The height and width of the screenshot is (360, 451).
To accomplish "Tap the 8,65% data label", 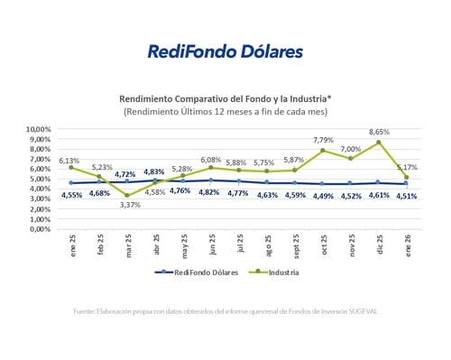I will point(379,132).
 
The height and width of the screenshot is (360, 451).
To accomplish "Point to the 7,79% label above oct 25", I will point(322,140).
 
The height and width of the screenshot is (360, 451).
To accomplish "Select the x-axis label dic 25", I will point(379,246).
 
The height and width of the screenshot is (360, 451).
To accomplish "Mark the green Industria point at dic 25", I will point(379,142).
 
